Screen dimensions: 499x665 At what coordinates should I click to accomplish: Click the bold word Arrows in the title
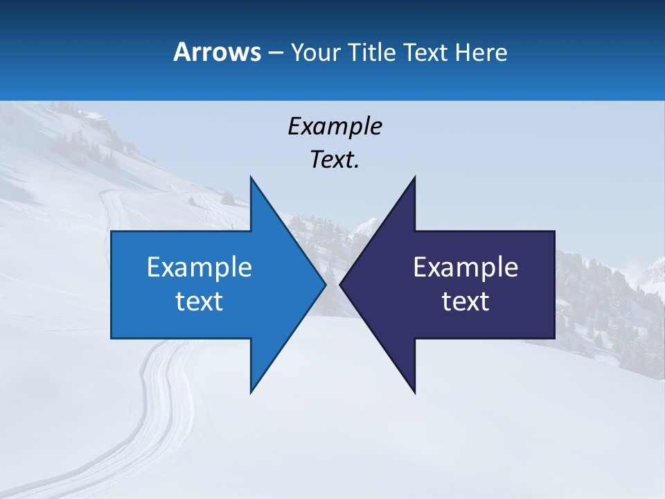[x=216, y=52]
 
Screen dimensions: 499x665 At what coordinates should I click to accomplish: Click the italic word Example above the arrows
[x=335, y=127]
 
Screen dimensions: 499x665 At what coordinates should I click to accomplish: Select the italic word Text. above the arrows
[x=335, y=160]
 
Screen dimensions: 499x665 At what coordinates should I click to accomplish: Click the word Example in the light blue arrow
[x=199, y=267]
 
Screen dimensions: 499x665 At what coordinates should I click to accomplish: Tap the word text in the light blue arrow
[x=199, y=301]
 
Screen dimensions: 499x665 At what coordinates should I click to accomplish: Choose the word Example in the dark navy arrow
[x=465, y=267]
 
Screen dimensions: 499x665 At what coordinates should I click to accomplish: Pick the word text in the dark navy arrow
[x=465, y=301]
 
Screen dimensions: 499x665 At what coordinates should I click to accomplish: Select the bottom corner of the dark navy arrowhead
[x=414, y=392]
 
